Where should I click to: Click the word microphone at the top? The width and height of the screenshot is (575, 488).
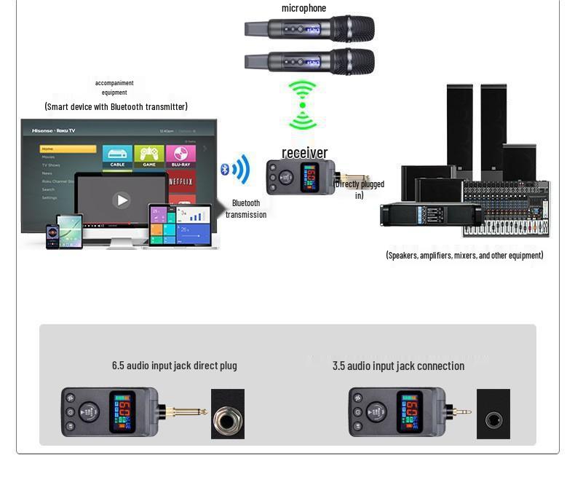click(304, 8)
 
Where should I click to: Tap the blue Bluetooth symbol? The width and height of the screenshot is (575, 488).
click(225, 170)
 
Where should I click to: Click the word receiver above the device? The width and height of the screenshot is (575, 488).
click(304, 152)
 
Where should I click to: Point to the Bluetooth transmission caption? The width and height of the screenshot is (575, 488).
click(246, 209)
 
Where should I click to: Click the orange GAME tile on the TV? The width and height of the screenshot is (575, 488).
click(149, 155)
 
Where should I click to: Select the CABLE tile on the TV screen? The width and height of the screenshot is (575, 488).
click(117, 155)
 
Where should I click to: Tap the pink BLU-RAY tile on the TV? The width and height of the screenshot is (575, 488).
click(181, 155)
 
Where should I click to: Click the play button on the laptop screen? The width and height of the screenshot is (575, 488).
click(122, 200)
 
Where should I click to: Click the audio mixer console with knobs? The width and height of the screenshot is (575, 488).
click(506, 210)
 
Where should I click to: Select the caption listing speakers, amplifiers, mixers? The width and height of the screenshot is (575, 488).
click(464, 255)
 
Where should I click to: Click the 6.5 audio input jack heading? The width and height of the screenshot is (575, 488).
click(174, 366)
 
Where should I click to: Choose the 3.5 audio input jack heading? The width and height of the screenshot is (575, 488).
click(398, 366)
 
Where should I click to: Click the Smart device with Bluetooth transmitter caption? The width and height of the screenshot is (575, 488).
click(116, 106)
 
